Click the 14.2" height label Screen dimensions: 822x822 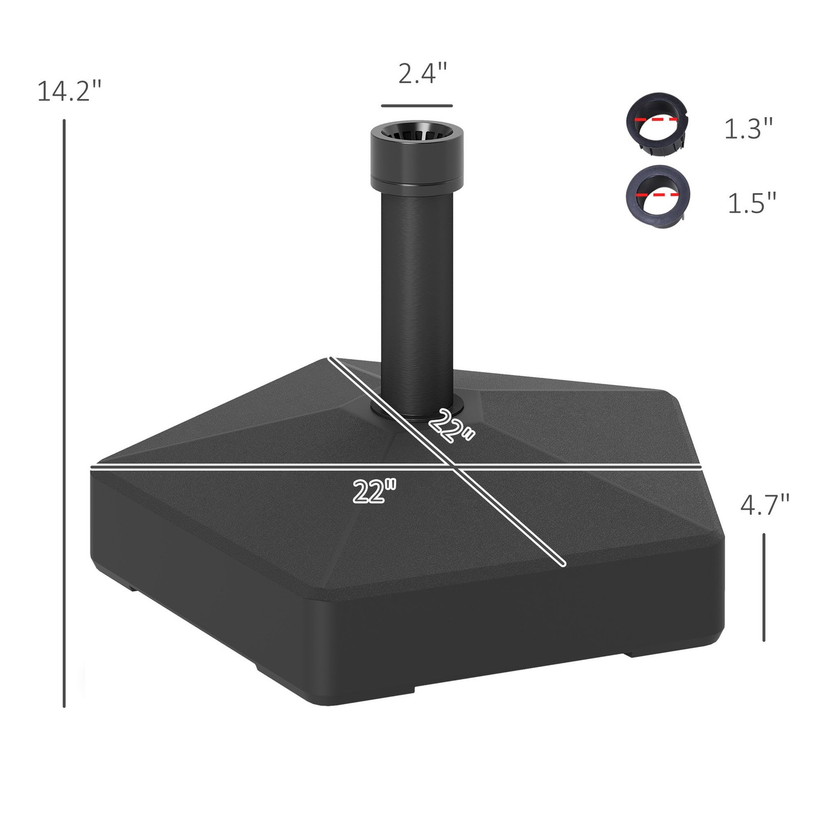(x=69, y=91)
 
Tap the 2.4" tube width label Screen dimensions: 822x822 (x=423, y=73)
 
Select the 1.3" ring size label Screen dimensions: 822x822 (x=748, y=128)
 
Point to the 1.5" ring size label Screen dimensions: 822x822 (x=752, y=202)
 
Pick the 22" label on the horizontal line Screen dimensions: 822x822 (x=375, y=492)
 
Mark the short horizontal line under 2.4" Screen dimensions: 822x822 (x=417, y=106)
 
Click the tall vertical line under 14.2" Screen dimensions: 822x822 (x=64, y=411)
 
